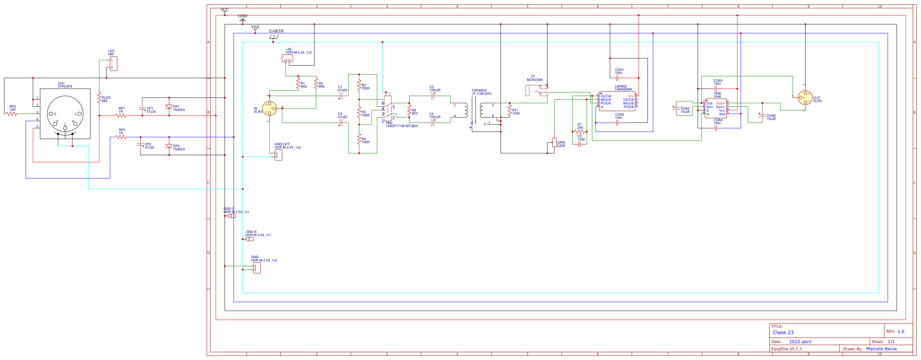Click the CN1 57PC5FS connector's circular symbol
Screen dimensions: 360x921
(65, 114)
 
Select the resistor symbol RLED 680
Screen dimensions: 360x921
(99, 99)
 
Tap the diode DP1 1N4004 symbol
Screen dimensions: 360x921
(169, 107)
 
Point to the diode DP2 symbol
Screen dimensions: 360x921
(169, 146)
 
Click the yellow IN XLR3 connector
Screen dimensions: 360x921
(269, 108)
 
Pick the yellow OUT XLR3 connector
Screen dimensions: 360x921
(805, 98)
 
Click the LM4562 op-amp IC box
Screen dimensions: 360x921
(617, 101)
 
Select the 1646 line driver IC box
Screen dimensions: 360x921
(716, 109)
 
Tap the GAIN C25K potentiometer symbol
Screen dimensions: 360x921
(554, 143)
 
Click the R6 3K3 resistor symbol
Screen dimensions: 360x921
(409, 112)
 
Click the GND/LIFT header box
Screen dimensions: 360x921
(278, 155)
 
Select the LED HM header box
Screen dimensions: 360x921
(113, 64)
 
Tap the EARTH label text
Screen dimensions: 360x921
(276, 31)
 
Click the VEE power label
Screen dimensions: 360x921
(255, 27)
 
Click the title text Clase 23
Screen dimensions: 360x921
(783, 332)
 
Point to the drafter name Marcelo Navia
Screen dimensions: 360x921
(881, 349)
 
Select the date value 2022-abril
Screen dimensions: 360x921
(800, 342)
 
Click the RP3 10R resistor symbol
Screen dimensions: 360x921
(12, 114)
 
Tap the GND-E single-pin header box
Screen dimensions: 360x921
(250, 239)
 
